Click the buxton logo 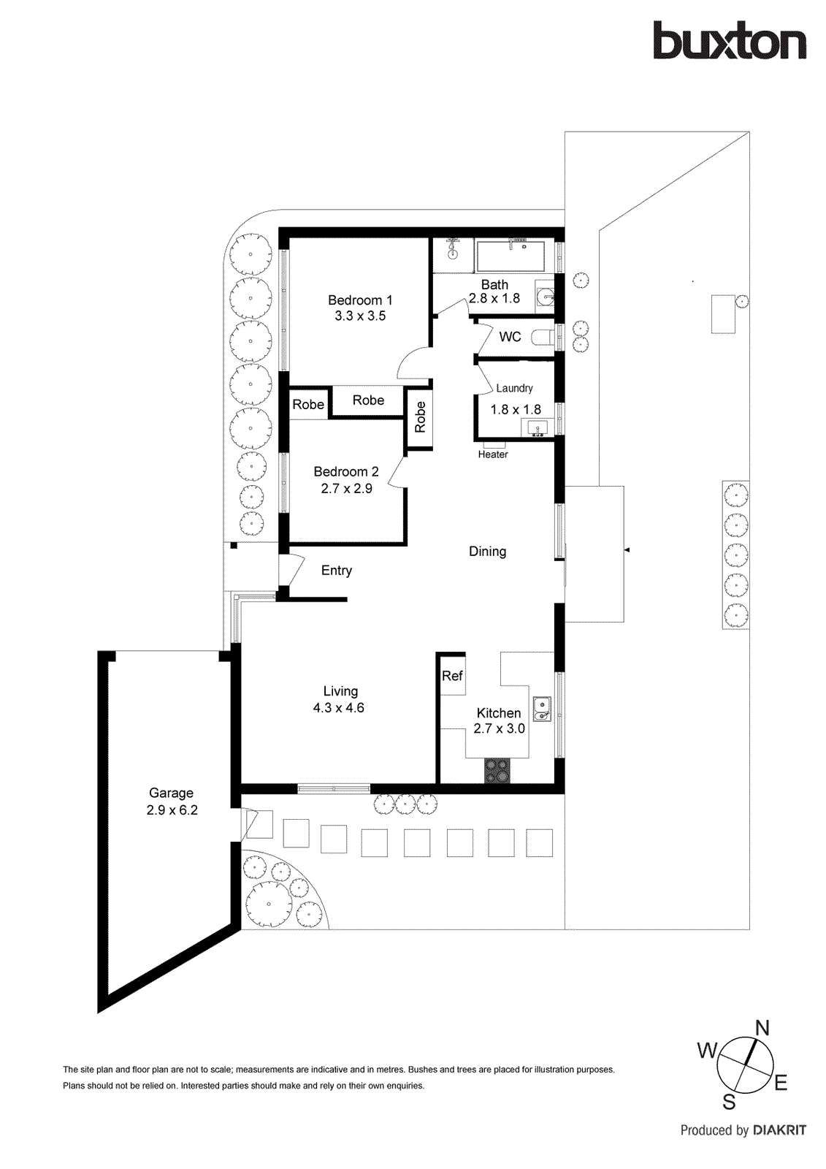[729, 41]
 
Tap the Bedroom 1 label [360, 300]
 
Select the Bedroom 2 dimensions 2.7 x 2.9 [346, 489]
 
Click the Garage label [171, 793]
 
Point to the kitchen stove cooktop [497, 771]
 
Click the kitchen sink [541, 708]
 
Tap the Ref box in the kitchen [452, 676]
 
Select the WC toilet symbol [542, 338]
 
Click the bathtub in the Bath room [510, 256]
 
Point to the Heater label [493, 454]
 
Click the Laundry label [514, 388]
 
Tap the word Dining [487, 552]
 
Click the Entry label [336, 571]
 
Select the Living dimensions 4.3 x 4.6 [338, 708]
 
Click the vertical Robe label [420, 417]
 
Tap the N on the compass [762, 1028]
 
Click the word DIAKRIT [779, 1130]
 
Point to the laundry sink [538, 429]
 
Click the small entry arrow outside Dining [627, 549]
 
